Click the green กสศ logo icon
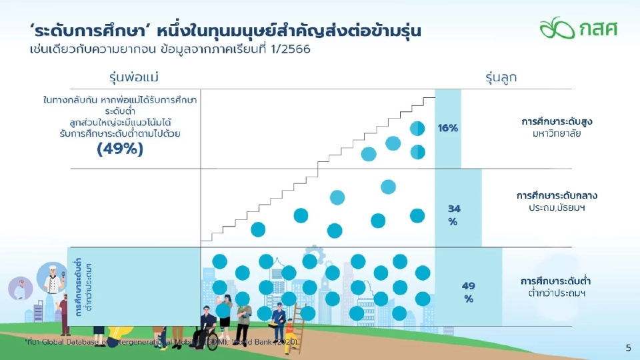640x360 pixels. [556, 27]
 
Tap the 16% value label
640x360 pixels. [448, 128]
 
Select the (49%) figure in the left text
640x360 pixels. [120, 149]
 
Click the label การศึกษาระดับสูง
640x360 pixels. [557, 122]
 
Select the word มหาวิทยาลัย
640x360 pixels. [557, 134]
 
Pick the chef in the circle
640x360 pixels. [52, 279]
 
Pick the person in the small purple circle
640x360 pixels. [21, 289]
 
